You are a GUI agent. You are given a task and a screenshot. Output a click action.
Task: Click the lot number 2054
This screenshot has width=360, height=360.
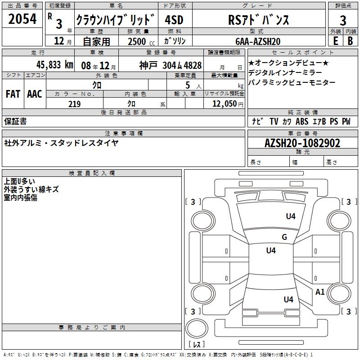pyautogui.click(x=23, y=19)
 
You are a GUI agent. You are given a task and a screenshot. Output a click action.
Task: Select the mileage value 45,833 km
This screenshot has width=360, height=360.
pyautogui.click(x=54, y=65)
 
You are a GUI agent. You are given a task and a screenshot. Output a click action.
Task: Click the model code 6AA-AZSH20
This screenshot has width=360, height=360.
pyautogui.click(x=258, y=41)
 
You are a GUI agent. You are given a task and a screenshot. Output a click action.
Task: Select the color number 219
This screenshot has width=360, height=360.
pyautogui.click(x=74, y=104)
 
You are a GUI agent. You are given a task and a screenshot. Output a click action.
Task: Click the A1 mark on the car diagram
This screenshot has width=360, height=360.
pyautogui.click(x=320, y=292)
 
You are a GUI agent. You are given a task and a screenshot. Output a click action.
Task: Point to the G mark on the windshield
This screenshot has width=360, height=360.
pyautogui.click(x=284, y=237)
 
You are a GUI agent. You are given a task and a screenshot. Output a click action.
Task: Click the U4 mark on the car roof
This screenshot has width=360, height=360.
pyautogui.click(x=271, y=250)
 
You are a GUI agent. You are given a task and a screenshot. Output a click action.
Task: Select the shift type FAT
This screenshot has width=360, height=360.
pyautogui.click(x=13, y=94)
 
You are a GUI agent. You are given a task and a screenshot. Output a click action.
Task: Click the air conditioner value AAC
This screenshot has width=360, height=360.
pyautogui.click(x=35, y=94)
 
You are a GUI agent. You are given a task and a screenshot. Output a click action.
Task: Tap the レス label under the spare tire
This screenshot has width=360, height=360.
pyautogui.click(x=196, y=344)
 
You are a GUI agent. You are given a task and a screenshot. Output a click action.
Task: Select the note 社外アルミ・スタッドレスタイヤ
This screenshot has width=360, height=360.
pyautogui.click(x=61, y=143)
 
